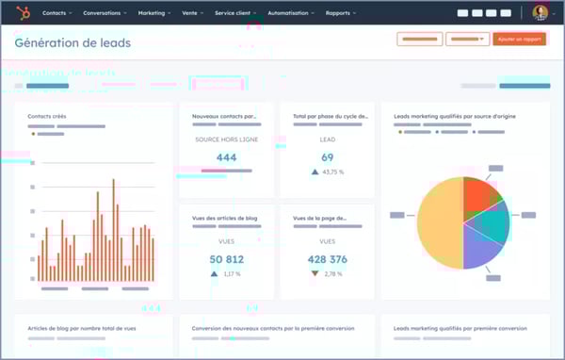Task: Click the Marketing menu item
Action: tap(153, 13)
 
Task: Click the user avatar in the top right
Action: tap(540, 12)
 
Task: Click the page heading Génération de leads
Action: tap(73, 43)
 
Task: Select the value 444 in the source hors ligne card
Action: tap(226, 157)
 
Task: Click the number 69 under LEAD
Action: tap(328, 157)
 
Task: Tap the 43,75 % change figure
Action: tap(332, 172)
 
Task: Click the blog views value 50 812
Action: tap(226, 259)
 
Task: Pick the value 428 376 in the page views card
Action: tap(328, 259)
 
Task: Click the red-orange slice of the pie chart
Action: tap(479, 193)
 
